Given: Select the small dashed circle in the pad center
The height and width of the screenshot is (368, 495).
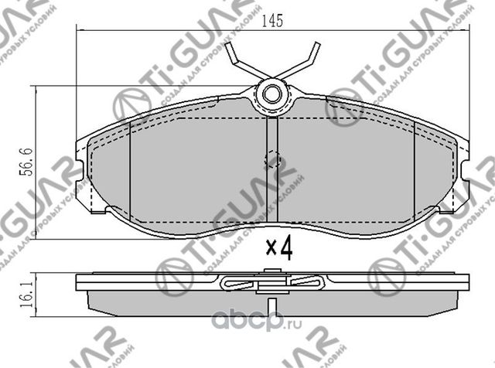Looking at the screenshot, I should click(x=271, y=160).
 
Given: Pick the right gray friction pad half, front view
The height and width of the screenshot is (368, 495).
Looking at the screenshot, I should click(x=356, y=174).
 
